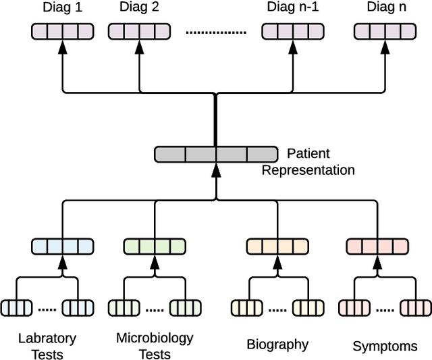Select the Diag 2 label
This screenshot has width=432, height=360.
[x=140, y=9]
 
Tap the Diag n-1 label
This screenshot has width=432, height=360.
[x=291, y=9]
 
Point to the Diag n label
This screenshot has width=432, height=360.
[x=386, y=9]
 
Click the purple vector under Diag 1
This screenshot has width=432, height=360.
[x=63, y=31]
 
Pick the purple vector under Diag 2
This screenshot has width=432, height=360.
[x=139, y=31]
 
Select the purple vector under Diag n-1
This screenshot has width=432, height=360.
[x=292, y=31]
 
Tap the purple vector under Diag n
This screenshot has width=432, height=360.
[x=385, y=31]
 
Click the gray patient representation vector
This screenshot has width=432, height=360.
[x=215, y=154]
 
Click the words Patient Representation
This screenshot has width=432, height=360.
[x=308, y=161]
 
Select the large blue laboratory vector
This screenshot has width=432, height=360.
[x=63, y=246]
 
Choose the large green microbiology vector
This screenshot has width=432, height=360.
[x=155, y=246]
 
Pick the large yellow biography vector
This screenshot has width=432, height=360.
[x=277, y=246]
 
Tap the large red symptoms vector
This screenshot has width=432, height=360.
[x=377, y=246]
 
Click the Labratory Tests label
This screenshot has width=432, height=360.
[x=47, y=345]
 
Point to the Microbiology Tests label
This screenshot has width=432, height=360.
[x=155, y=345]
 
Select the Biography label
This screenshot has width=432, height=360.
[x=277, y=344]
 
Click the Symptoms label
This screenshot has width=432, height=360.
[x=385, y=346]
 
